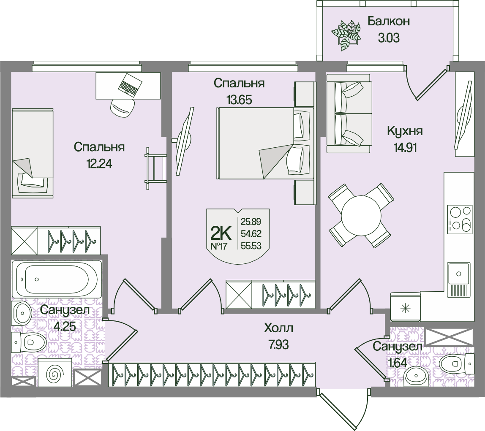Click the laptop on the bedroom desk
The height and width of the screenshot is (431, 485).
click(x=129, y=85)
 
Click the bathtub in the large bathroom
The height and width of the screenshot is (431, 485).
click(x=57, y=279)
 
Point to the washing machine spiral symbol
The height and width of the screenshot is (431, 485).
click(x=55, y=373)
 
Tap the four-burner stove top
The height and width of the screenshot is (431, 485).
click(x=460, y=218)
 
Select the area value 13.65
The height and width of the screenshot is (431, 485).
click(x=239, y=100)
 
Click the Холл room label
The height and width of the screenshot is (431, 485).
click(x=278, y=328)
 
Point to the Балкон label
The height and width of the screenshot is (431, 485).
click(x=388, y=22)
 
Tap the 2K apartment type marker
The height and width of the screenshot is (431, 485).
click(x=220, y=232)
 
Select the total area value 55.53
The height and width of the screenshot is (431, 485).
click(x=251, y=245)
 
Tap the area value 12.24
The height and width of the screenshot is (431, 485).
click(x=99, y=164)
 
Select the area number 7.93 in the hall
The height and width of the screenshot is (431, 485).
click(x=278, y=344)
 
